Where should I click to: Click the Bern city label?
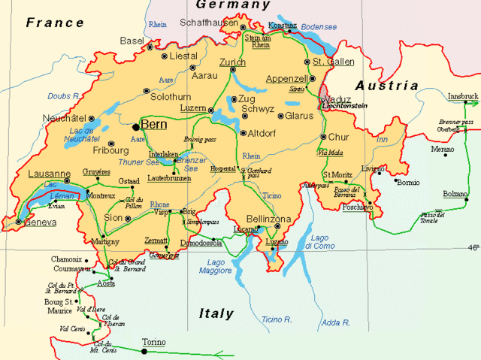(x=153, y=125)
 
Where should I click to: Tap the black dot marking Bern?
(x=135, y=126)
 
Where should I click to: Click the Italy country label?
(x=216, y=313)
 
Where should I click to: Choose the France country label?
(x=55, y=23)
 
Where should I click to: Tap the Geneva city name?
(x=41, y=222)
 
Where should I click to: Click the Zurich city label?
(x=232, y=62)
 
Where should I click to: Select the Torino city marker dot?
(x=144, y=351)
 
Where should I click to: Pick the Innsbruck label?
(x=462, y=97)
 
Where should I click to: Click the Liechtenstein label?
(x=343, y=107)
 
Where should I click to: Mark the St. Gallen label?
(x=328, y=62)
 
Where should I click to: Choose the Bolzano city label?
(x=455, y=194)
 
